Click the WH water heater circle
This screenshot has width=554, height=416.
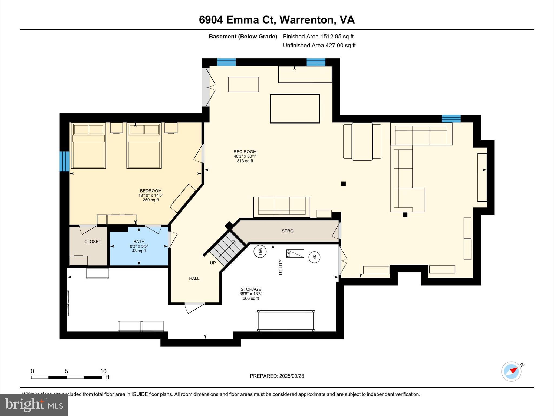pos(260,252)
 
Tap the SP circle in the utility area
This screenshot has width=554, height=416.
pos(314,257)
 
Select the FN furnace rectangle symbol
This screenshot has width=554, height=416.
pos(295,253)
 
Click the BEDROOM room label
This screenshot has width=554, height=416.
pos(151,191)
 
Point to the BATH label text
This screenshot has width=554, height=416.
pos(139,242)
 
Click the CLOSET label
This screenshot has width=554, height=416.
pos(93,242)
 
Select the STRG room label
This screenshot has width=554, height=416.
pos(287,231)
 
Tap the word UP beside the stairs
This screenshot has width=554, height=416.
pos(213,263)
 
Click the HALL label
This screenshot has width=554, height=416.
pos(194,278)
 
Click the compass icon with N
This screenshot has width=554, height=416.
pos(511,371)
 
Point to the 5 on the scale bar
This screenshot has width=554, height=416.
pos(67,371)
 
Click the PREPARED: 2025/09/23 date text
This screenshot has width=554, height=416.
pos(277,376)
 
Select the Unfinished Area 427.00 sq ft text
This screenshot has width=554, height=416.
pos(319,45)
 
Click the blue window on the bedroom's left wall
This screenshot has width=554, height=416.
pos(64,161)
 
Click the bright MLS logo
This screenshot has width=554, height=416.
pos(34,405)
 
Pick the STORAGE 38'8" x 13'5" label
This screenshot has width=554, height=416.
pos(251,294)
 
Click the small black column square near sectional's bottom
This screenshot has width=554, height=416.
pos(405,215)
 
